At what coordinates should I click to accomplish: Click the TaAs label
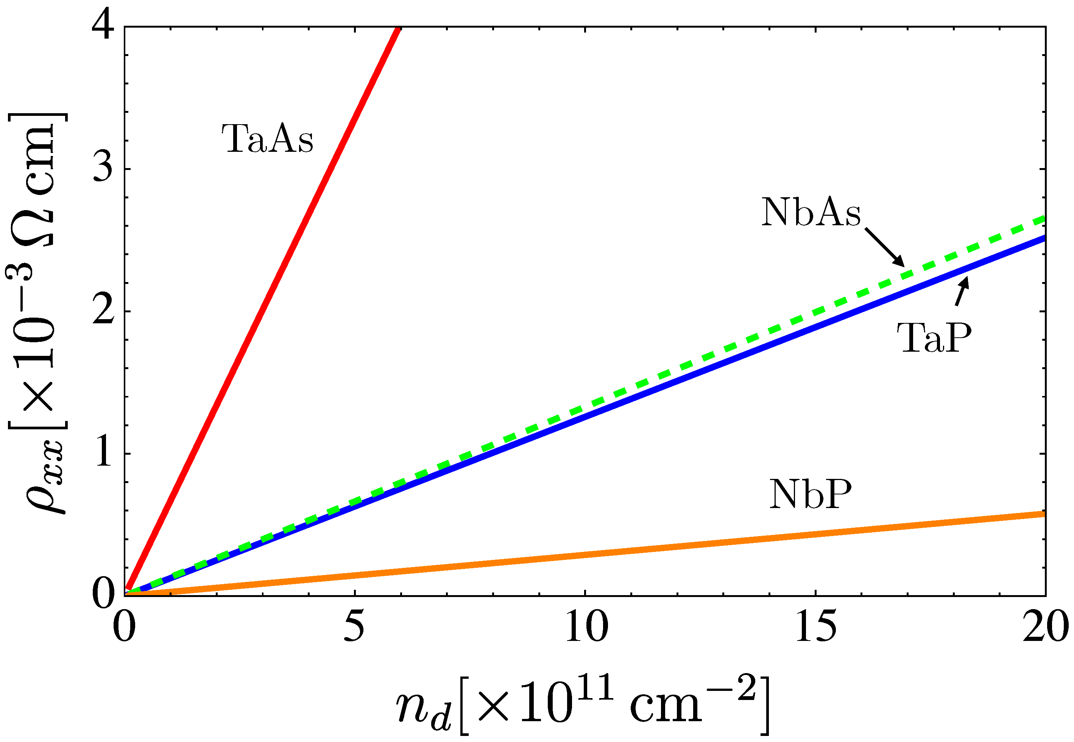[x=267, y=139]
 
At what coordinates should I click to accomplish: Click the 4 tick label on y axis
[x=103, y=26]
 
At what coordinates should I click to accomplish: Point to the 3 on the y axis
[x=103, y=168]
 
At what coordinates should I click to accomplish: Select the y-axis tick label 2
[x=103, y=310]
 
